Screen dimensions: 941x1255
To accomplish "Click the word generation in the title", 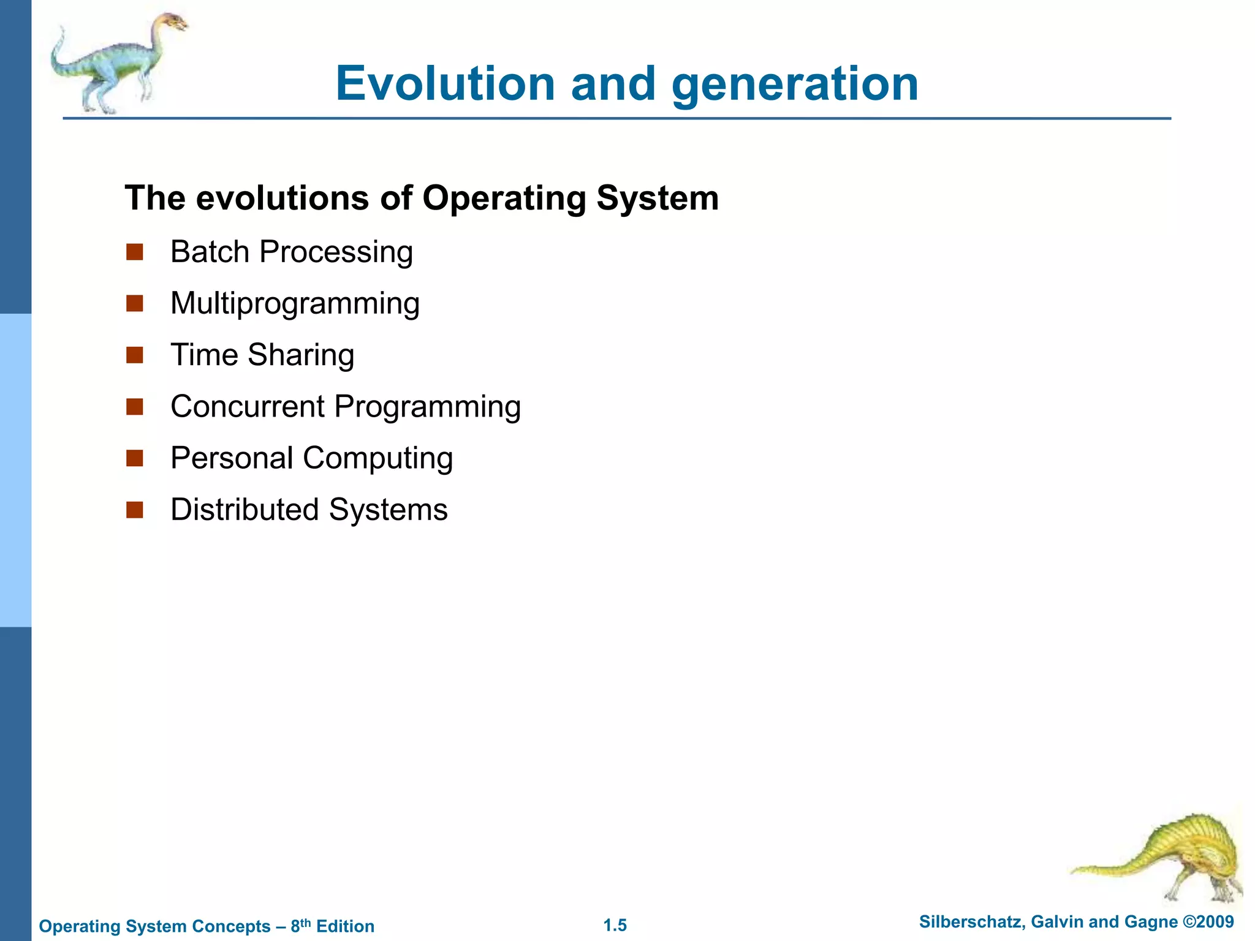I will [795, 85].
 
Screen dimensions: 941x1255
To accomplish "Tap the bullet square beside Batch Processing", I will [135, 252].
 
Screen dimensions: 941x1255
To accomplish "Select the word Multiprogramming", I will [295, 304].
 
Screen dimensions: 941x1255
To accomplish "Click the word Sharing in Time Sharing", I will [301, 355].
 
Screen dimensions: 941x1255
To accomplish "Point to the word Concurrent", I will [248, 406].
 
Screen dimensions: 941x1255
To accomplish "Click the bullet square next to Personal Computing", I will [135, 458].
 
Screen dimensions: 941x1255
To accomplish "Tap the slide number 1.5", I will [615, 925].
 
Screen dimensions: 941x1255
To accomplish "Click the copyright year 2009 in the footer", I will [1216, 921].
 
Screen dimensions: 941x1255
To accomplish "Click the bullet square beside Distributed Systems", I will [135, 510].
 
